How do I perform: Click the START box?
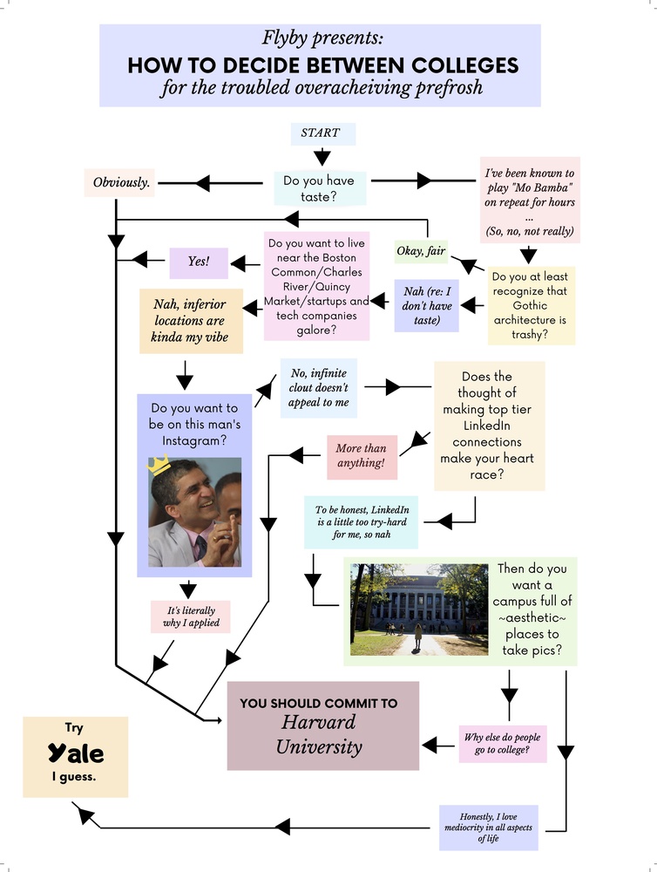pos(321,133)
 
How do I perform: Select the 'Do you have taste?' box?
pos(318,188)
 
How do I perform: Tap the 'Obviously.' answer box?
pos(121,183)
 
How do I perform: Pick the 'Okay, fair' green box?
pos(421,251)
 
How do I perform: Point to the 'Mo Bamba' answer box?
pos(530,201)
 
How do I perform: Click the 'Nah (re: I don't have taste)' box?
pos(426,305)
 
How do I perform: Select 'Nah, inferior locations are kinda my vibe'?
pos(189,321)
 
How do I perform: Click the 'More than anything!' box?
pos(361,455)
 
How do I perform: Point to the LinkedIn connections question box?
pos(489,426)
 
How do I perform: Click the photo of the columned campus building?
pos(417,610)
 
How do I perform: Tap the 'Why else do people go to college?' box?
pos(504,743)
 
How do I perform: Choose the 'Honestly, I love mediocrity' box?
pos(488,827)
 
